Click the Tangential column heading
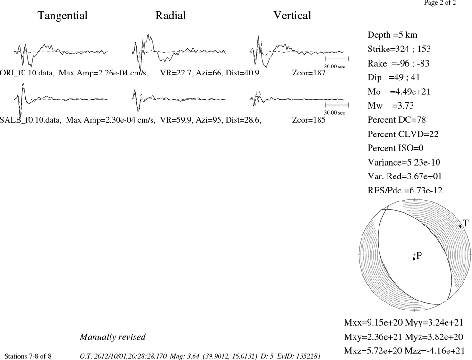pyautogui.click(x=63, y=16)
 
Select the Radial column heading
pyautogui.click(x=170, y=16)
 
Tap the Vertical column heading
pyautogui.click(x=292, y=16)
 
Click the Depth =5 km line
pyautogui.click(x=393, y=35)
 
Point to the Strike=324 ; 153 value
pyautogui.click(x=399, y=49)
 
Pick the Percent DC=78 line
pyautogui.click(x=397, y=120)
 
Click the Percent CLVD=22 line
pyautogui.click(x=403, y=134)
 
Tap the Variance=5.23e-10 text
pyautogui.click(x=404, y=162)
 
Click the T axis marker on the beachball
pyautogui.click(x=460, y=226)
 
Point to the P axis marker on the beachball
pyautogui.click(x=414, y=259)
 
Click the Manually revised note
pyautogui.click(x=113, y=337)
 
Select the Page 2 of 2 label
pyautogui.click(x=440, y=3)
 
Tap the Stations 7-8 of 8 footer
pyautogui.click(x=28, y=356)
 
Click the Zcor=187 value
pyautogui.click(x=309, y=73)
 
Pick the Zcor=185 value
pyautogui.click(x=309, y=120)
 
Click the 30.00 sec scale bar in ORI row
pyautogui.click(x=337, y=59)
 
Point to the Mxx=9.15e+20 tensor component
pyautogui.click(x=373, y=322)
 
